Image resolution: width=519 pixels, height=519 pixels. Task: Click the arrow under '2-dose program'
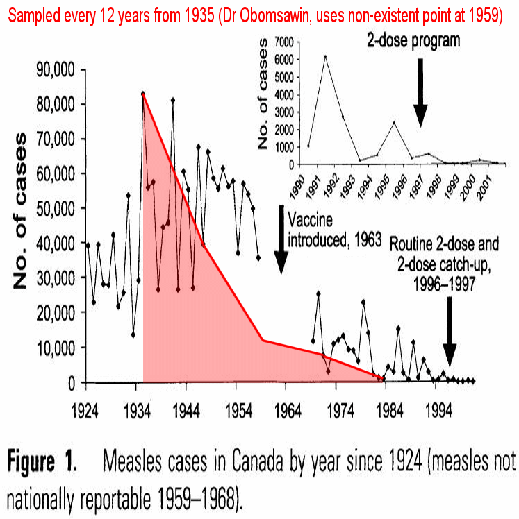pos(420,90)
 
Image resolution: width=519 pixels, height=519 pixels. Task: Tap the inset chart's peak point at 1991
pos(325,57)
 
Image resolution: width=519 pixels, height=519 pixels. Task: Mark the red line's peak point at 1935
pos(143,93)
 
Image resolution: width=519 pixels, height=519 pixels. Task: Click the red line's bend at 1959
pos(263,340)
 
